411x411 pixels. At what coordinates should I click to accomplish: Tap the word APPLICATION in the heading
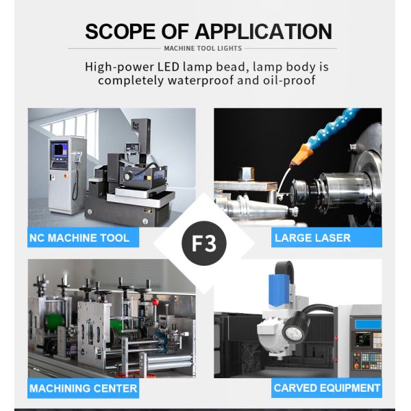pos(264,32)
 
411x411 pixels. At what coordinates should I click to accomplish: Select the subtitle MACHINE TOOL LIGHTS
pos(203,48)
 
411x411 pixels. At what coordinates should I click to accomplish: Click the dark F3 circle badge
pos(204,243)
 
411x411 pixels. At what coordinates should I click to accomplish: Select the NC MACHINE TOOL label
pos(83,238)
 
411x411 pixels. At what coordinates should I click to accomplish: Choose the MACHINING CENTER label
pos(83,388)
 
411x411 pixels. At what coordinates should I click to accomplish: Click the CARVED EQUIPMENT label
pos(327,388)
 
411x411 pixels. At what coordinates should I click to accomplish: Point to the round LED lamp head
pos(295,332)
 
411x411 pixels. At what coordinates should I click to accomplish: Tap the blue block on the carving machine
pos(279,290)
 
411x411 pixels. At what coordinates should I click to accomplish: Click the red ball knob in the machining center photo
pos(155,302)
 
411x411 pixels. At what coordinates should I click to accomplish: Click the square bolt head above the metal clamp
pos(247,174)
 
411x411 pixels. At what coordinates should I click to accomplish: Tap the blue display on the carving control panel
pos(368,324)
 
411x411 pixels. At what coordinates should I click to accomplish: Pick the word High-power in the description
pos(119,67)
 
